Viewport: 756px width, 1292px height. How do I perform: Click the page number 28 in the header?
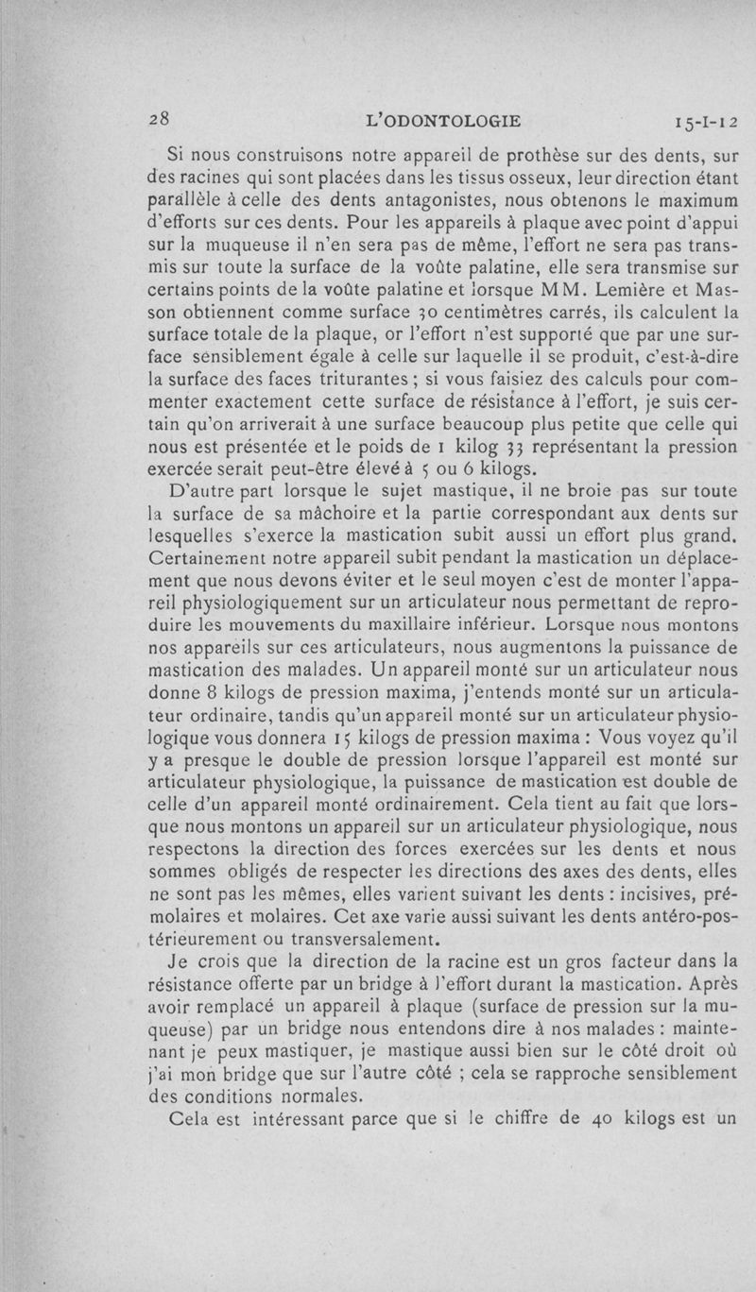158,119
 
